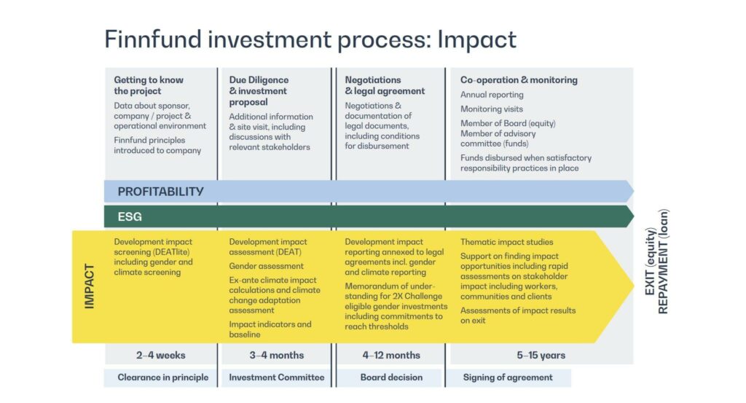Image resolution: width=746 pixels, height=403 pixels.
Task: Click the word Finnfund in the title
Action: pyautogui.click(x=153, y=39)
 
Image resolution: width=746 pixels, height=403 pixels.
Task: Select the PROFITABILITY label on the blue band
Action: pyautogui.click(x=161, y=192)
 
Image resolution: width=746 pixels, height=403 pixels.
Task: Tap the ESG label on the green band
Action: pyautogui.click(x=130, y=217)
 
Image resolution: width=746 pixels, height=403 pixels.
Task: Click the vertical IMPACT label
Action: pyautogui.click(x=89, y=286)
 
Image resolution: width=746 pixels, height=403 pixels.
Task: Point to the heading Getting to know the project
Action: pyautogui.click(x=149, y=86)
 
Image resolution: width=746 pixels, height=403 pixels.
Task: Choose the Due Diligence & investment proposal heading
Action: pyautogui.click(x=259, y=91)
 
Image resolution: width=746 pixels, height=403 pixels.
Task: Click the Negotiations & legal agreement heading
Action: pyautogui.click(x=385, y=86)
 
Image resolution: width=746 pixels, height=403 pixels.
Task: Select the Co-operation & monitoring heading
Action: pyautogui.click(x=519, y=80)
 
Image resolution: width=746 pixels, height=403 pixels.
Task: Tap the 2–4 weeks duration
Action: pyautogui.click(x=161, y=356)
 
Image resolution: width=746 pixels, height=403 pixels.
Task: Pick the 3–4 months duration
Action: pyautogui.click(x=276, y=356)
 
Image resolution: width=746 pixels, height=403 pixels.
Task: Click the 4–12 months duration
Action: pyautogui.click(x=391, y=356)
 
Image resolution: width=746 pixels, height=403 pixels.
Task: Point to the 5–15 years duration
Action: pyautogui.click(x=541, y=356)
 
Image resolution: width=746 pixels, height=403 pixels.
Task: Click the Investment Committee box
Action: pyautogui.click(x=276, y=377)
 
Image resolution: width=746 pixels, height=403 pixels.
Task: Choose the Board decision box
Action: pyautogui.click(x=391, y=377)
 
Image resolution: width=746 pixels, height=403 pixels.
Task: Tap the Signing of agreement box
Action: pyautogui.click(x=508, y=377)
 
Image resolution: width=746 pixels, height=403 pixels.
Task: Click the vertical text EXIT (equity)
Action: pyautogui.click(x=651, y=261)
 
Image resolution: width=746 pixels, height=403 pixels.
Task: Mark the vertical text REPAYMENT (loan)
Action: pyautogui.click(x=663, y=261)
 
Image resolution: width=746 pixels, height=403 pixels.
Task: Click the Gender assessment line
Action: pyautogui.click(x=266, y=267)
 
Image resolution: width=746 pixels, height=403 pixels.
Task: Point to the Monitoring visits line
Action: pyautogui.click(x=492, y=109)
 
